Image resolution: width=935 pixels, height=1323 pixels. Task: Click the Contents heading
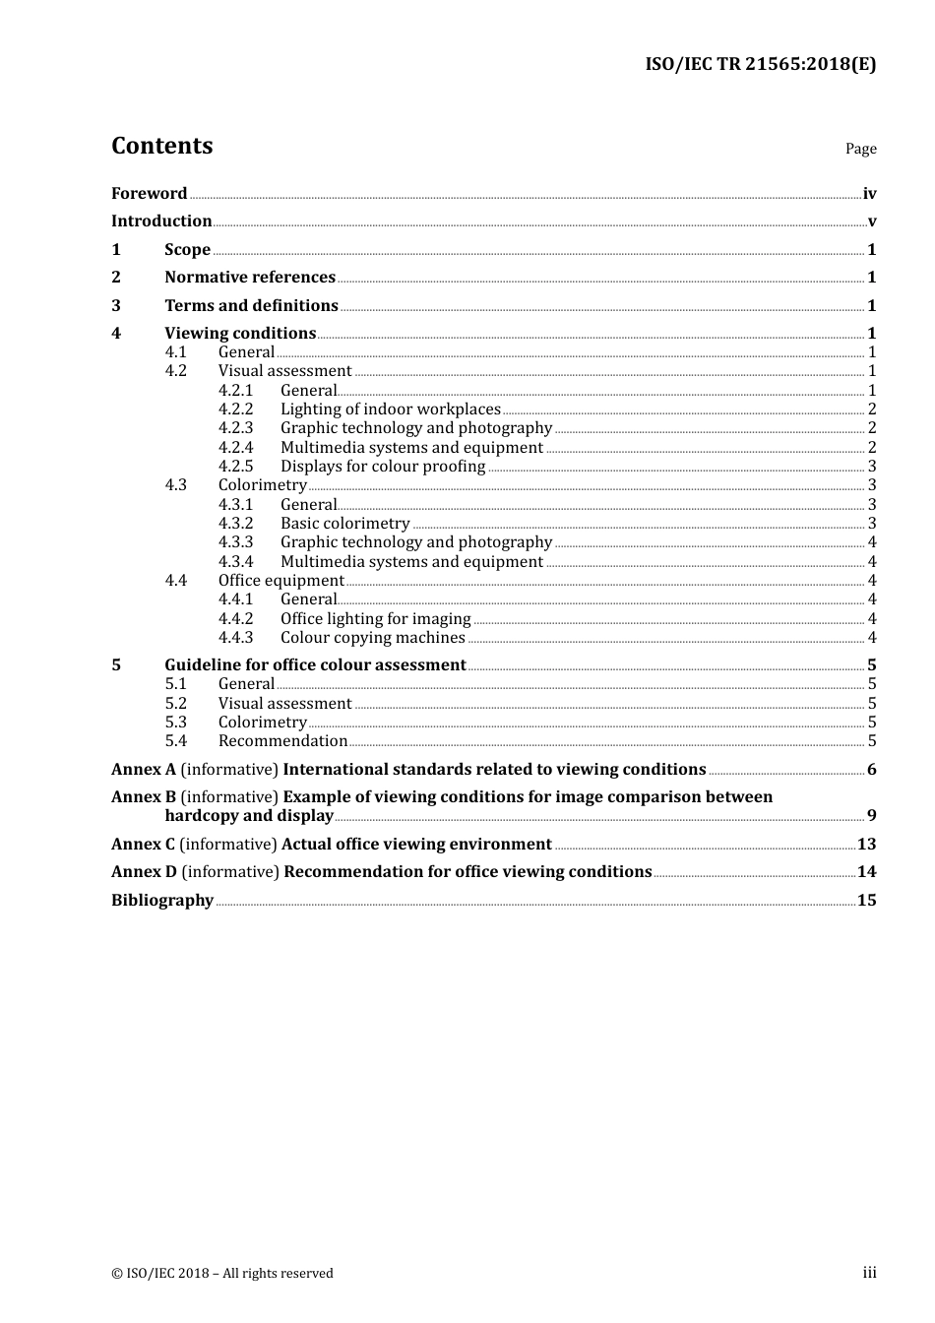[x=161, y=146]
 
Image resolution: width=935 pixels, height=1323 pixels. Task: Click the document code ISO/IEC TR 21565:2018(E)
[x=760, y=65]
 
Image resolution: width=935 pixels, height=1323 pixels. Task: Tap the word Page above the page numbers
[x=860, y=149]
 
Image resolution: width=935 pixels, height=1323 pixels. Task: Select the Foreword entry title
[x=149, y=193]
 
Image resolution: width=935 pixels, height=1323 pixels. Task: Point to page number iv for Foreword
[x=869, y=193]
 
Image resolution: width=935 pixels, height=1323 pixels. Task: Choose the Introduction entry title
[x=161, y=220]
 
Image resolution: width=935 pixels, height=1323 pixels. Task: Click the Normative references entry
[x=250, y=277]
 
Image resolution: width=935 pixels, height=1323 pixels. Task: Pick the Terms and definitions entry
[x=251, y=305]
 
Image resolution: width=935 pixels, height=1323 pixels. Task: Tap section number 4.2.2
[x=235, y=409]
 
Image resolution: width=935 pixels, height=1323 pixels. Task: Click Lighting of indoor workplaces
[x=391, y=409]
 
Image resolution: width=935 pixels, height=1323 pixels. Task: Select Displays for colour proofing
[x=383, y=466]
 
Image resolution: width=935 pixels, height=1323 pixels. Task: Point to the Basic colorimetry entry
[x=344, y=523]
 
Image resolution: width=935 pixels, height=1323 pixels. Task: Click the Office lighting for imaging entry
[x=375, y=618]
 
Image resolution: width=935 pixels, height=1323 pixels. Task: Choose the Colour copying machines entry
[x=372, y=637]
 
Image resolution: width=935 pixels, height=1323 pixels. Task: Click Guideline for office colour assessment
[x=315, y=664]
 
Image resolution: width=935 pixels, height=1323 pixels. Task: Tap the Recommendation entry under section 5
[x=282, y=740]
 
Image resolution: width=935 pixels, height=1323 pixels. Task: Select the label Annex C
[x=143, y=844]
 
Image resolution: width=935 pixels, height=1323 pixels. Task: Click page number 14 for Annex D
[x=866, y=871]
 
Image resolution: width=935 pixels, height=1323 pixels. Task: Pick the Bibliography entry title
[x=162, y=900]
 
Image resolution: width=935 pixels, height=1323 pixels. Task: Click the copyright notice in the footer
[x=222, y=1273]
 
